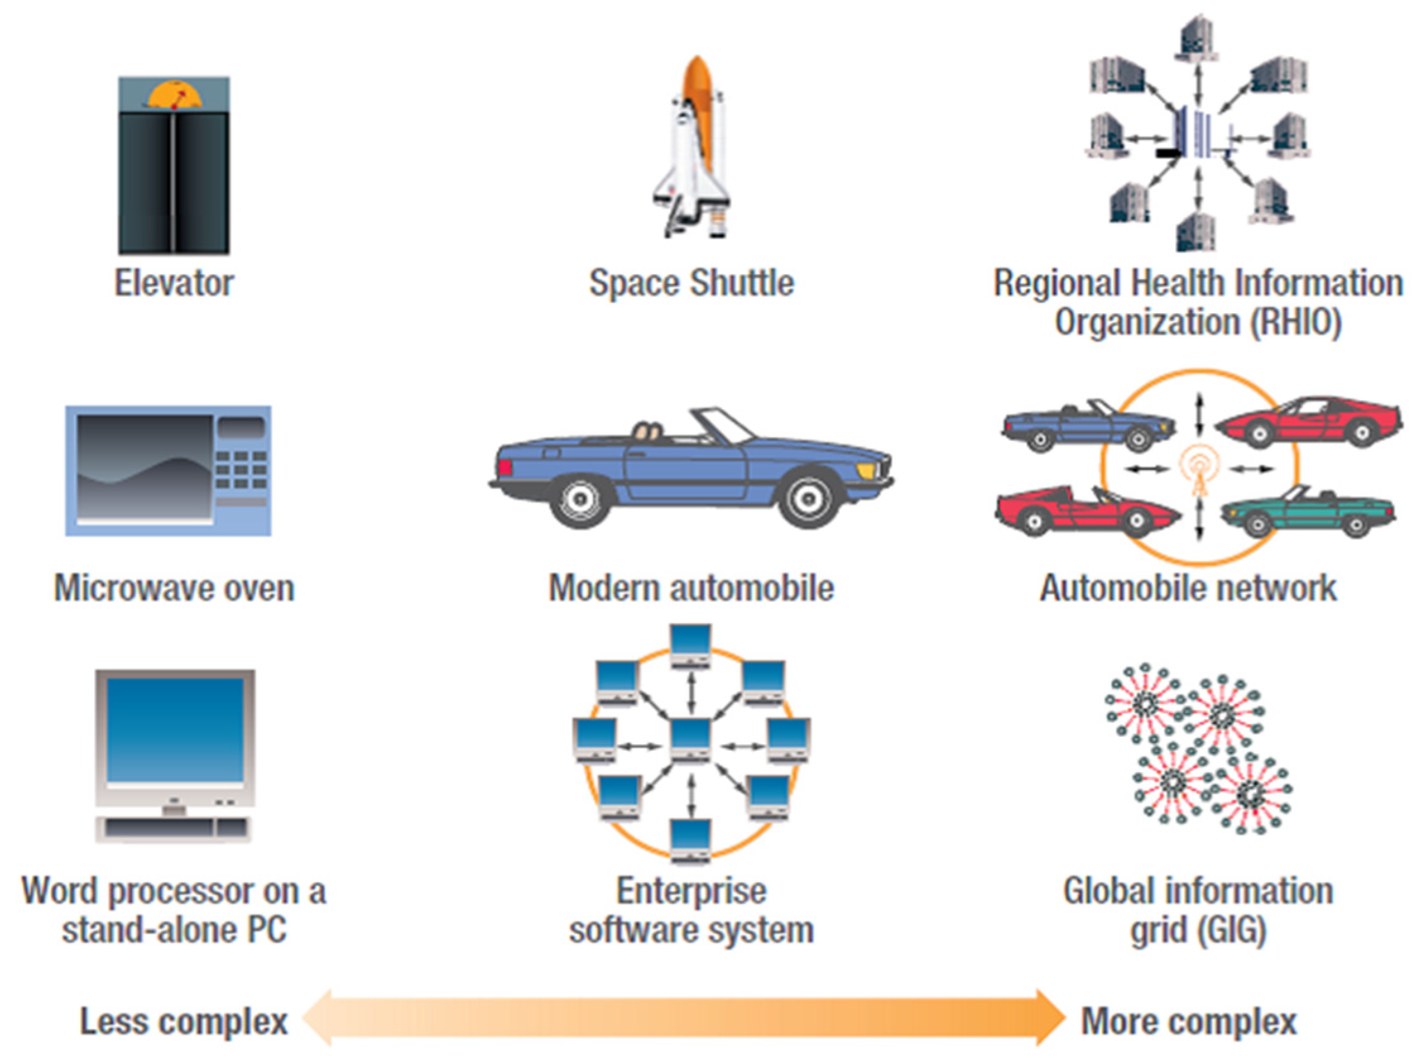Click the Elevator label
click(x=174, y=283)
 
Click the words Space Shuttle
click(x=691, y=283)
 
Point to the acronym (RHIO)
click(x=1294, y=322)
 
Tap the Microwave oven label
click(x=174, y=588)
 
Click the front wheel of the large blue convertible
click(x=808, y=498)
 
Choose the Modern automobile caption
click(x=691, y=588)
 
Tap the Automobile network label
click(x=1188, y=588)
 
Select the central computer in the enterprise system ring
click(x=690, y=740)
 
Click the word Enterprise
click(x=691, y=891)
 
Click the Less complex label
click(x=183, y=1022)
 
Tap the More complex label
click(x=1188, y=1022)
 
